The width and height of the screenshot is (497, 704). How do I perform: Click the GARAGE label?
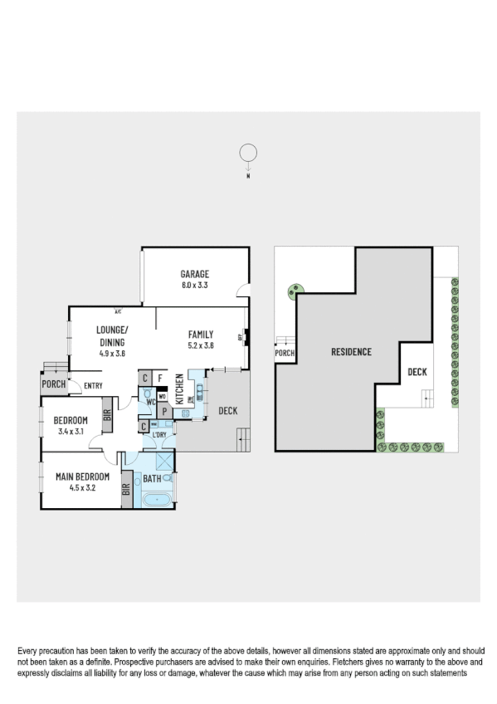tap(195, 274)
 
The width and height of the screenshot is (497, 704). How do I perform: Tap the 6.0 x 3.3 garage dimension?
tap(195, 285)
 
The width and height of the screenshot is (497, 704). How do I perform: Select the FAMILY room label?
tap(201, 335)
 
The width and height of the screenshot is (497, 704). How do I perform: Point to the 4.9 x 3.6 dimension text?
tap(111, 354)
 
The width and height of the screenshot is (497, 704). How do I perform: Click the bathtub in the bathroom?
tap(156, 500)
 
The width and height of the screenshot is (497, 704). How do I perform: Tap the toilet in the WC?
tap(150, 396)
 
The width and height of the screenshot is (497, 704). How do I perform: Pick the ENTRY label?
tap(93, 384)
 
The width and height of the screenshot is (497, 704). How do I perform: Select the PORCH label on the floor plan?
tap(54, 384)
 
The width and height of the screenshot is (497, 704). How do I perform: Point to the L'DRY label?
tap(160, 434)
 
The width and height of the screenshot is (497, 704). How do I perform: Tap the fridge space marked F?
tap(160, 379)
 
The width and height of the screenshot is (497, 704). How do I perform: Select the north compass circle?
tap(247, 153)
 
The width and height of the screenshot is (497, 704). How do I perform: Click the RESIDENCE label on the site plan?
tap(351, 351)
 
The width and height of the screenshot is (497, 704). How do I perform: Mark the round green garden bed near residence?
tap(295, 291)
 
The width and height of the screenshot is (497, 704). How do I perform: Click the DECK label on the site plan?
tap(417, 372)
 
